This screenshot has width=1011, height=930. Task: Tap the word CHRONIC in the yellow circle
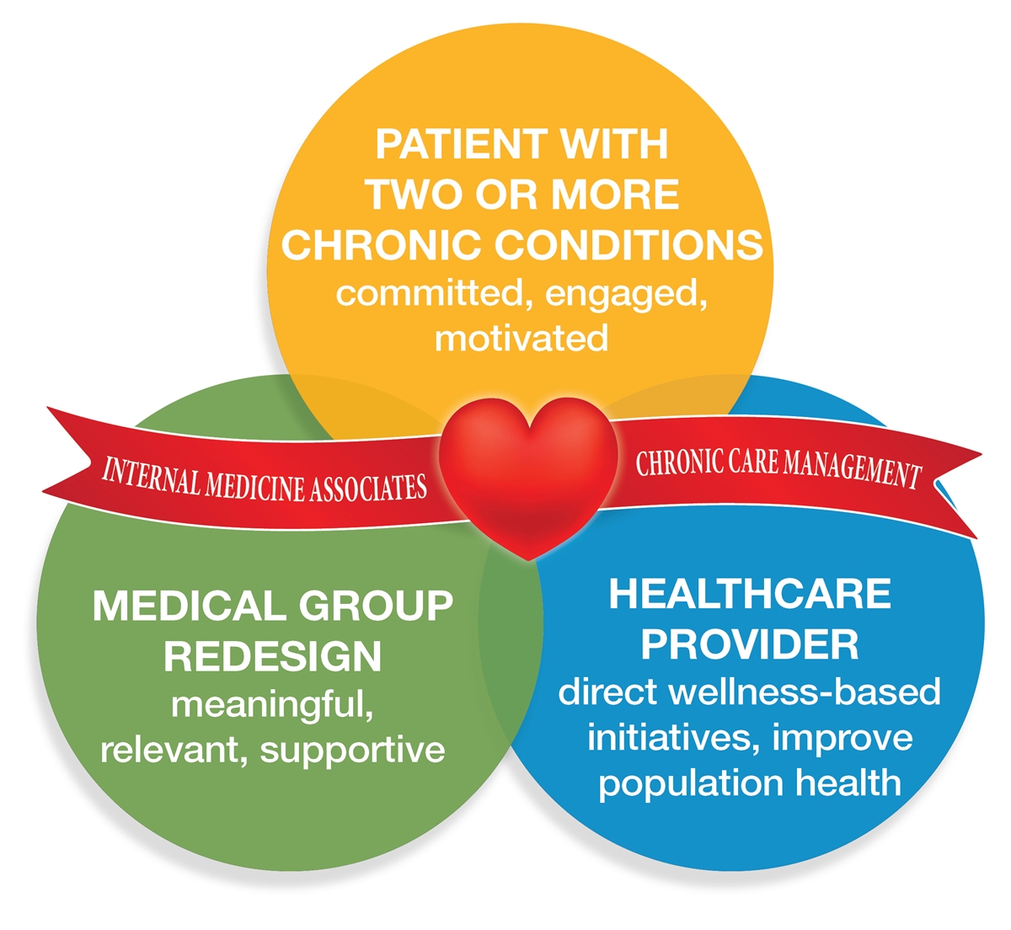tap(380, 244)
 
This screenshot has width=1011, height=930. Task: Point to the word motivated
tap(522, 339)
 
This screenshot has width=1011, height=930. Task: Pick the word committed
tap(434, 293)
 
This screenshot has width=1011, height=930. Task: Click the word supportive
tap(353, 752)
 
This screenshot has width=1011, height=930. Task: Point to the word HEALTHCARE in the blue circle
tap(750, 594)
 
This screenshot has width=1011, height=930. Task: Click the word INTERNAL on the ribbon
tap(151, 478)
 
